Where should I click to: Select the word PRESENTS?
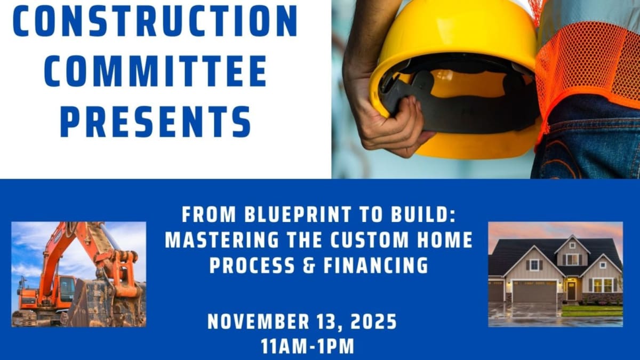pos(156,122)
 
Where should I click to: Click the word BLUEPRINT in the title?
pos(298,214)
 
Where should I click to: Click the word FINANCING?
pos(375,266)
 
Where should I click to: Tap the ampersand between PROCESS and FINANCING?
pos(309,266)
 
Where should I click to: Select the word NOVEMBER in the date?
pos(258,322)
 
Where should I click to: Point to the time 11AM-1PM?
pos(307,346)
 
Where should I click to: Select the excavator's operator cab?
pos(67,289)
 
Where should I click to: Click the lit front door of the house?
pos(571,290)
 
